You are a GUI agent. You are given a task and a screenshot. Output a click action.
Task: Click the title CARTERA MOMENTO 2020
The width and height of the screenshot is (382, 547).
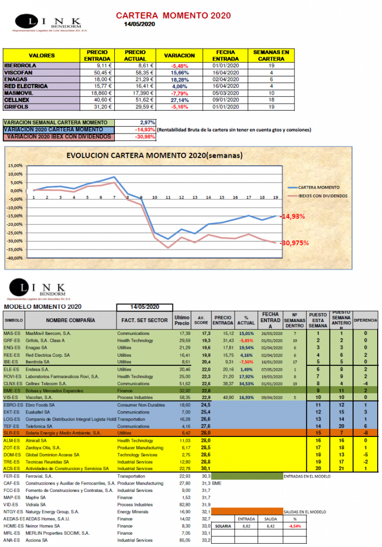coord(173,15)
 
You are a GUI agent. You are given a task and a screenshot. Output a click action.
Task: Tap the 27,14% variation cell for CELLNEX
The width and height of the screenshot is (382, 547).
coord(181,100)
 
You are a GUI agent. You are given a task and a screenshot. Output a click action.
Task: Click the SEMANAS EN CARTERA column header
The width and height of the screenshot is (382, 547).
coord(271,56)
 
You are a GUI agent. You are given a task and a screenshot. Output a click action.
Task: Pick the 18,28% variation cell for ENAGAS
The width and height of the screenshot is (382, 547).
coord(181,79)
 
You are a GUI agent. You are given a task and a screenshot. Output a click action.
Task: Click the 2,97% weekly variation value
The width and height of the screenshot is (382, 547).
coord(147,122)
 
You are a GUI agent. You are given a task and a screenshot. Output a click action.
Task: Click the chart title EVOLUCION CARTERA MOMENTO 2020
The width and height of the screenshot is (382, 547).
coord(154,156)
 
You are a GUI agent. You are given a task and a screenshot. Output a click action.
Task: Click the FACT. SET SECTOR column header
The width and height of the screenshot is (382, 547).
coord(143,321)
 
